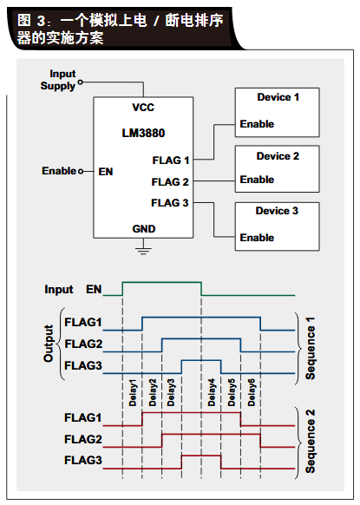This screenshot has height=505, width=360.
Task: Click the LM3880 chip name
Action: [x=143, y=133]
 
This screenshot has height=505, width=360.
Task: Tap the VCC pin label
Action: [x=143, y=108]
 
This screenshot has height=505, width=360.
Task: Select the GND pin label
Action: [x=144, y=229]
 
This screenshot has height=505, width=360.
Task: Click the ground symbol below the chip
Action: [x=143, y=251]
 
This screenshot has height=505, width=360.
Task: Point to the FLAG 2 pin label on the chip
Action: [x=170, y=182]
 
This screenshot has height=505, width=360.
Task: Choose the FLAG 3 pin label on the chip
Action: [x=170, y=203]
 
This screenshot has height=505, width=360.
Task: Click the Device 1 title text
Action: [x=278, y=97]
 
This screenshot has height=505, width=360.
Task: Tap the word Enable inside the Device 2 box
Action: [x=257, y=180]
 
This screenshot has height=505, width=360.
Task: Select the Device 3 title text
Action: [x=277, y=211]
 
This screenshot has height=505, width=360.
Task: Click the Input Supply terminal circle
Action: [x=80, y=82]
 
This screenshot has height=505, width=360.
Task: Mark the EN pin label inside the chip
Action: [x=106, y=172]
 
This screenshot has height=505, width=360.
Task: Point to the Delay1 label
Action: [x=133, y=392]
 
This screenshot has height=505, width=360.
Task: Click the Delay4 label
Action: [x=212, y=392]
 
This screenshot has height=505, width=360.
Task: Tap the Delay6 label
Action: [x=252, y=392]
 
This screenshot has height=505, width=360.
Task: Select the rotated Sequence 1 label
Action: [x=310, y=348]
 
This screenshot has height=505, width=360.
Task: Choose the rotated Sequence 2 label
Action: [x=310, y=442]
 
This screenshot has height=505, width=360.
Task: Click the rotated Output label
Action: [x=49, y=344]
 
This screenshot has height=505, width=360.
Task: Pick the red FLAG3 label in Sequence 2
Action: [x=83, y=460]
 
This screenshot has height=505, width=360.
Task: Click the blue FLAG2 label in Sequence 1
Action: [x=83, y=344]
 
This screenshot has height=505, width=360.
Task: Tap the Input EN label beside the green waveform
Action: [x=73, y=289]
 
